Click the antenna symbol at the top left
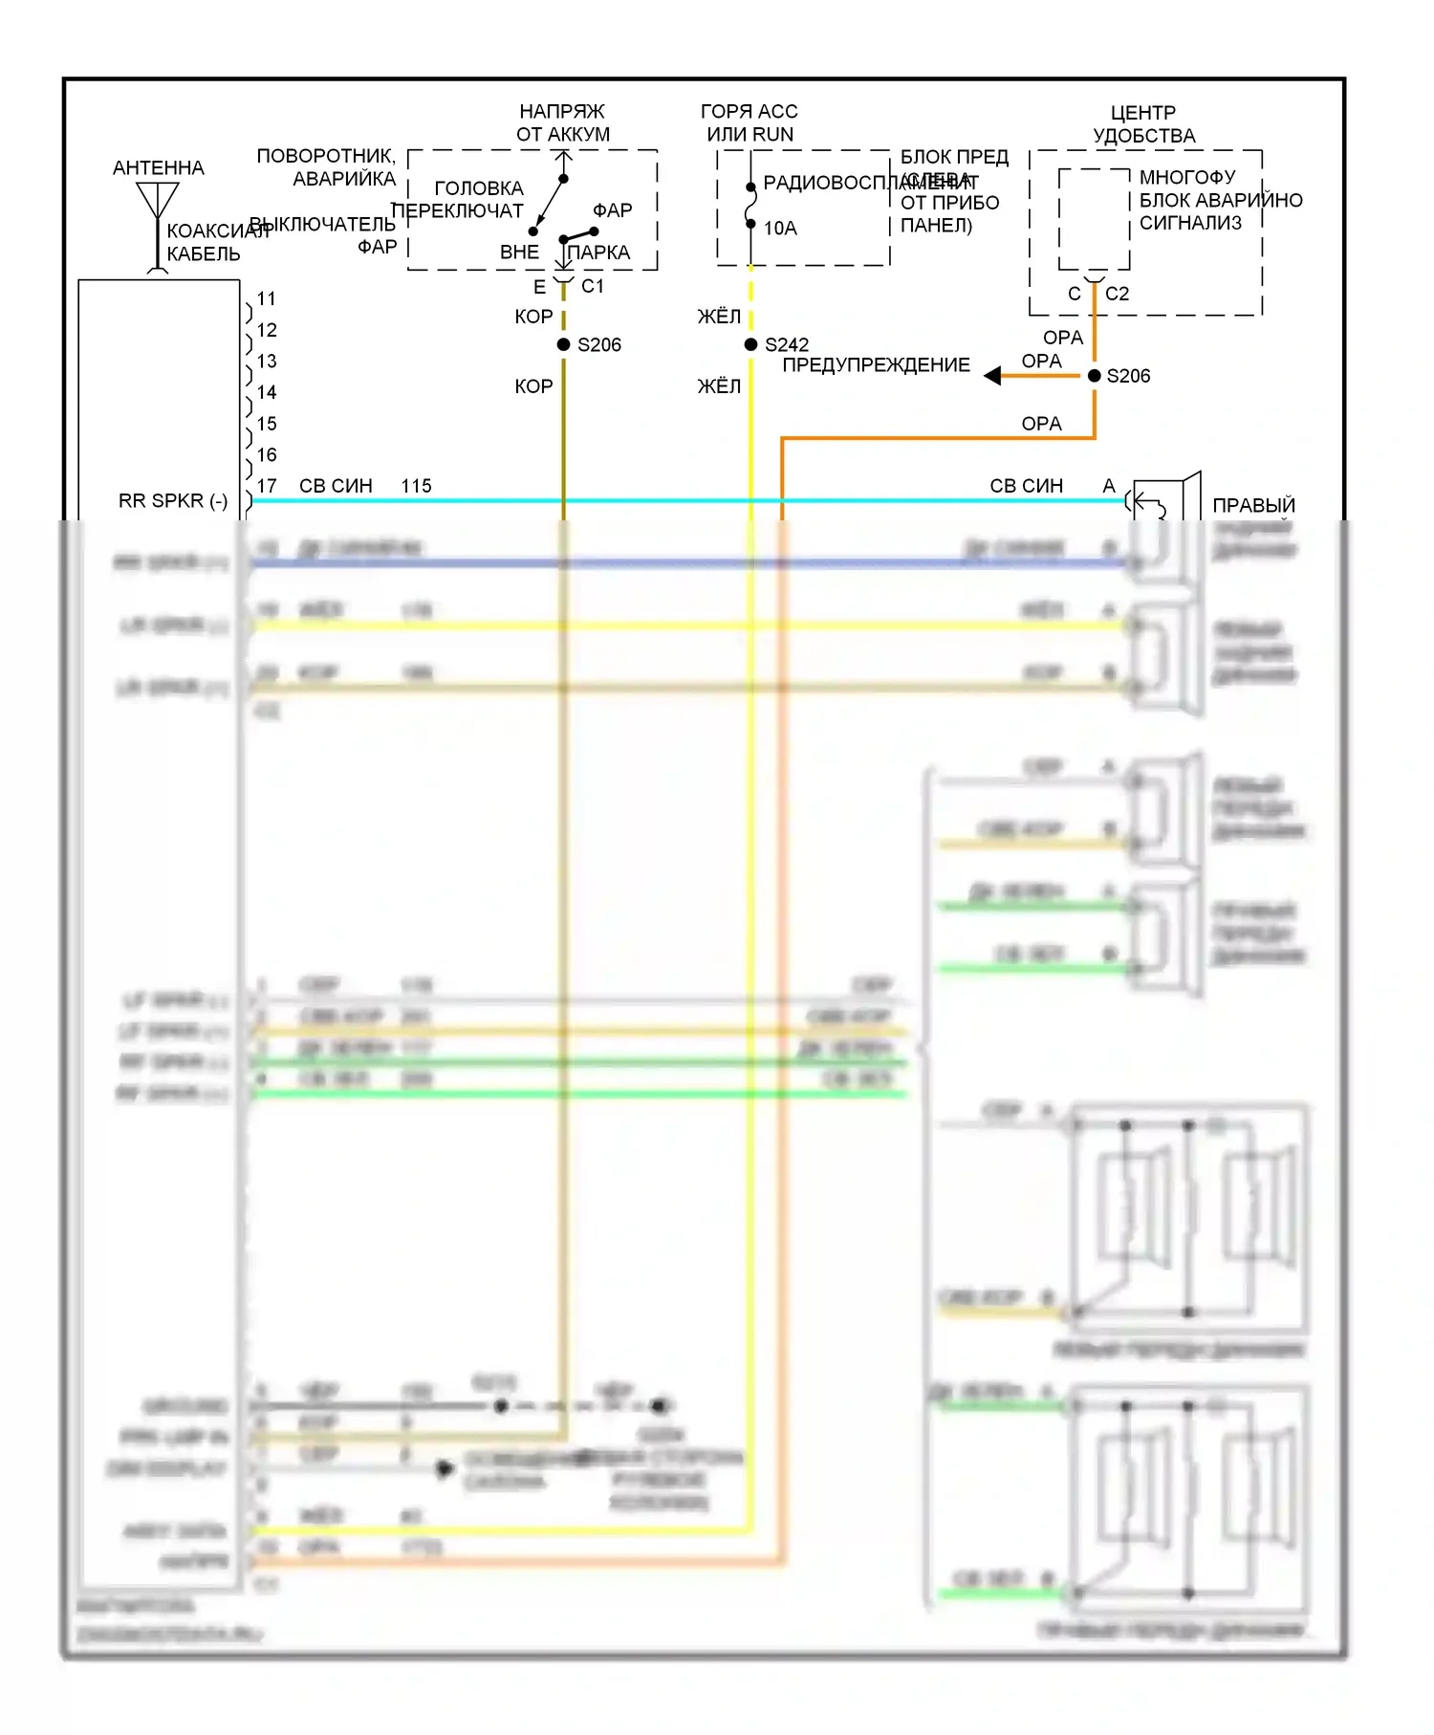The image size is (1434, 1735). tap(158, 203)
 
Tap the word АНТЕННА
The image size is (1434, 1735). tap(159, 168)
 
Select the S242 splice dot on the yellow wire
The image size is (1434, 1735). tap(751, 344)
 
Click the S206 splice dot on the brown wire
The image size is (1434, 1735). tap(564, 344)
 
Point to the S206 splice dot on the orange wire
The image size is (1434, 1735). tap(1095, 376)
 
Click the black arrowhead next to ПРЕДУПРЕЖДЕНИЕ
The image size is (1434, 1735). tap(992, 376)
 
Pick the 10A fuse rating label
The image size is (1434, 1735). tap(780, 229)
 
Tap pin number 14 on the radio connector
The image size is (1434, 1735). tap(267, 392)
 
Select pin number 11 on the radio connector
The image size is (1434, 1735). tap(267, 298)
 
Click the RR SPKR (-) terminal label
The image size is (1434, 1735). tap(173, 501)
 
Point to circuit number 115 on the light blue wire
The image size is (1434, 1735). tap(417, 486)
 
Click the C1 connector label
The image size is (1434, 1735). tap(593, 286)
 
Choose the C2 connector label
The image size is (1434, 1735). tap(1117, 294)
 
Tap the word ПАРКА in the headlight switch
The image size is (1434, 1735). tap(599, 253)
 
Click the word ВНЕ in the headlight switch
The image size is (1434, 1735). tap(519, 253)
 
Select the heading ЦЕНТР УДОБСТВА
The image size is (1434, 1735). tap(1144, 124)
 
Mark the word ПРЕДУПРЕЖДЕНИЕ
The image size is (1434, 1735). tap(876, 365)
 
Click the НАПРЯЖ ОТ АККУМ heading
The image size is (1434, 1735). tap(563, 123)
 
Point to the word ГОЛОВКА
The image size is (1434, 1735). tap(479, 188)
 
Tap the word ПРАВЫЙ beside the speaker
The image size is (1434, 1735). tap(1253, 505)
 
